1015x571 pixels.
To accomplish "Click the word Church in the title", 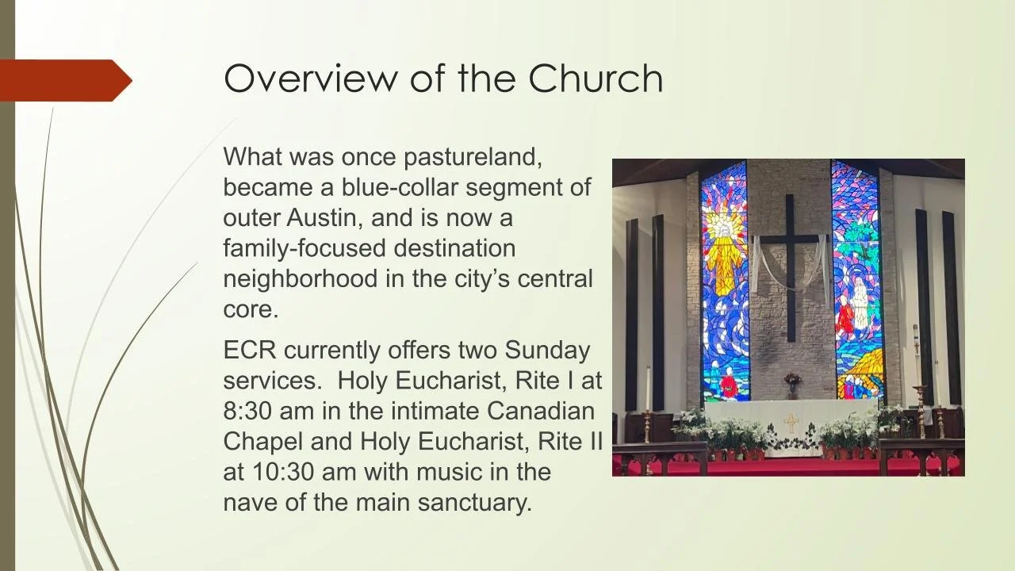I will pyautogui.click(x=596, y=78).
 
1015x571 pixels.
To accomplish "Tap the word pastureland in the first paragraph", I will pyautogui.click(x=473, y=156).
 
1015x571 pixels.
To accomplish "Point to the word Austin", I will pyautogui.click(x=324, y=217).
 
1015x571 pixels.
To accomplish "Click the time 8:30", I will pyautogui.click(x=248, y=412).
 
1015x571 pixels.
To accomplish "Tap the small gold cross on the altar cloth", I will pyautogui.click(x=791, y=422).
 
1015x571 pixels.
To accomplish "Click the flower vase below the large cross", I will pyautogui.click(x=791, y=385).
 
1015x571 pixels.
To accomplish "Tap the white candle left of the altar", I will pyautogui.click(x=647, y=389).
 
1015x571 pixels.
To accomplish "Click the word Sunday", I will pyautogui.click(x=547, y=350).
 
